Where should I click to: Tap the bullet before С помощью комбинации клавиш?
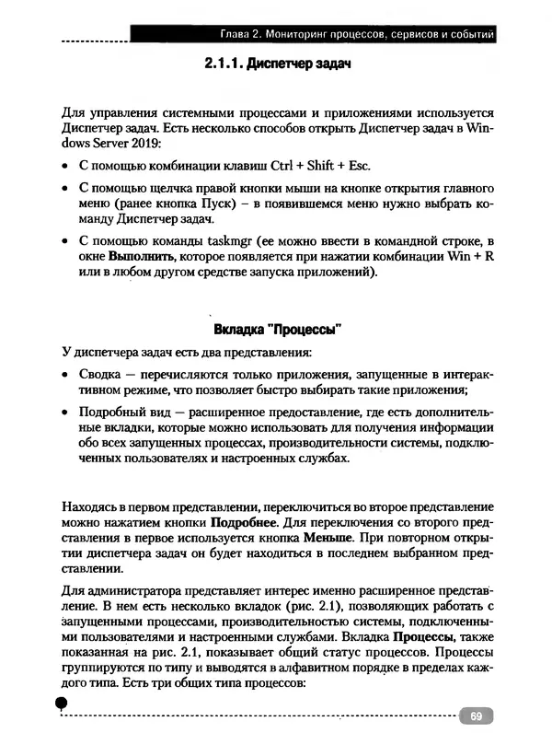tap(64, 167)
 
